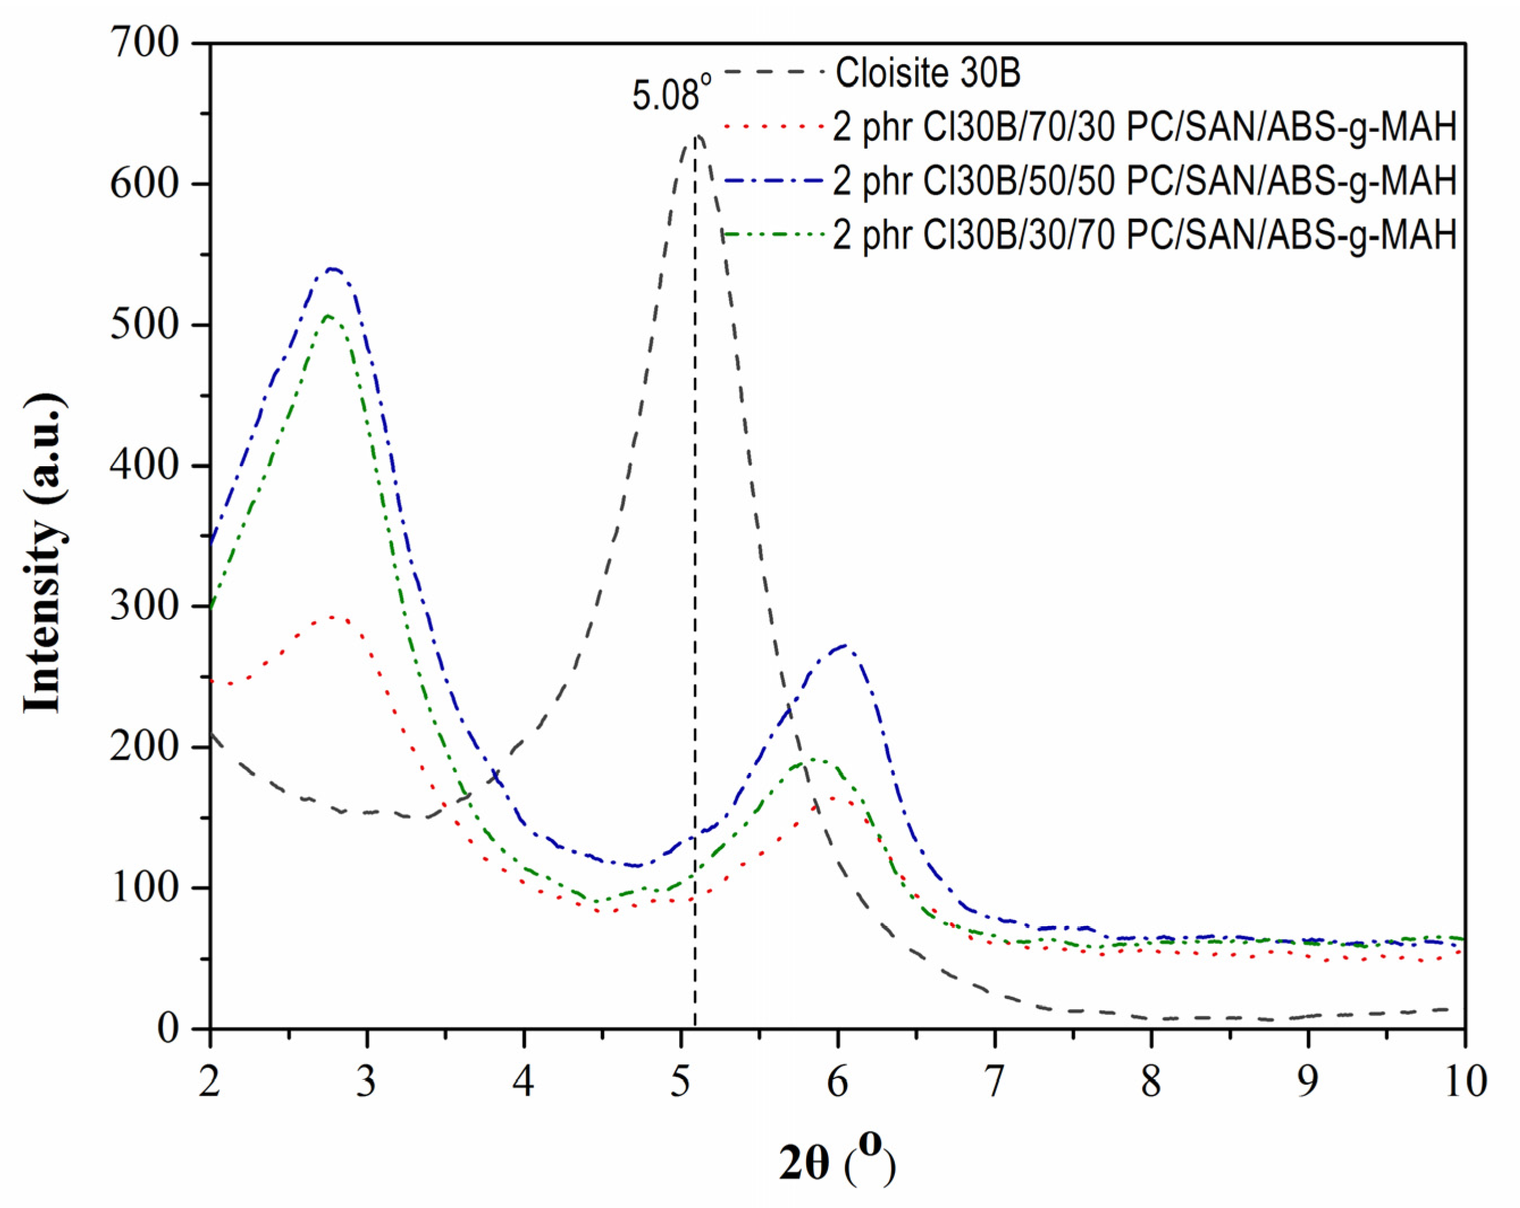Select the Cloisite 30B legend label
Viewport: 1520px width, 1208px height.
[x=927, y=73]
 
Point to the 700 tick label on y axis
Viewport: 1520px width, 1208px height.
[x=145, y=44]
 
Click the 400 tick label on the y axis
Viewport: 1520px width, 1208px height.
[x=145, y=466]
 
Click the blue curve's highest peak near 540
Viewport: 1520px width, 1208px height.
[x=332, y=269]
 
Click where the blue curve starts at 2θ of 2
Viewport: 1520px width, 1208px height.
[x=211, y=542]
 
